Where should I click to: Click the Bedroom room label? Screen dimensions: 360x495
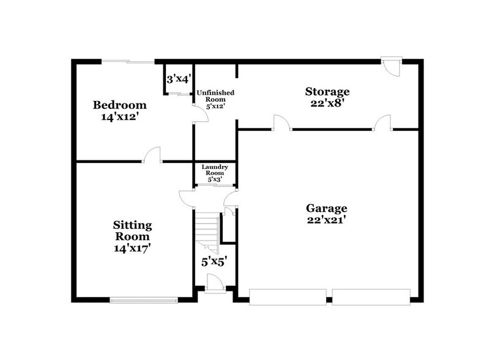pos(119,104)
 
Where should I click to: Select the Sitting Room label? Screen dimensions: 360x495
pos(132,231)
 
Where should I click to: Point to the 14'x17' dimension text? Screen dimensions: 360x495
pos(132,248)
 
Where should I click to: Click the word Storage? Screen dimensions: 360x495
pos(327,92)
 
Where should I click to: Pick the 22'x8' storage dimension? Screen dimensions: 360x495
pos(327,103)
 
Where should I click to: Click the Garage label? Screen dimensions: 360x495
pos(327,208)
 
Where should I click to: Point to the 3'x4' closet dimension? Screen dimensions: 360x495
pos(179,78)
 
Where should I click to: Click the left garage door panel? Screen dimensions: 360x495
pos(288,298)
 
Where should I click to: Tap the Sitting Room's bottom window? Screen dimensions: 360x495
pos(144,299)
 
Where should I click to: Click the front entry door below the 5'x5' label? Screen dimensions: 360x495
pos(214,285)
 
